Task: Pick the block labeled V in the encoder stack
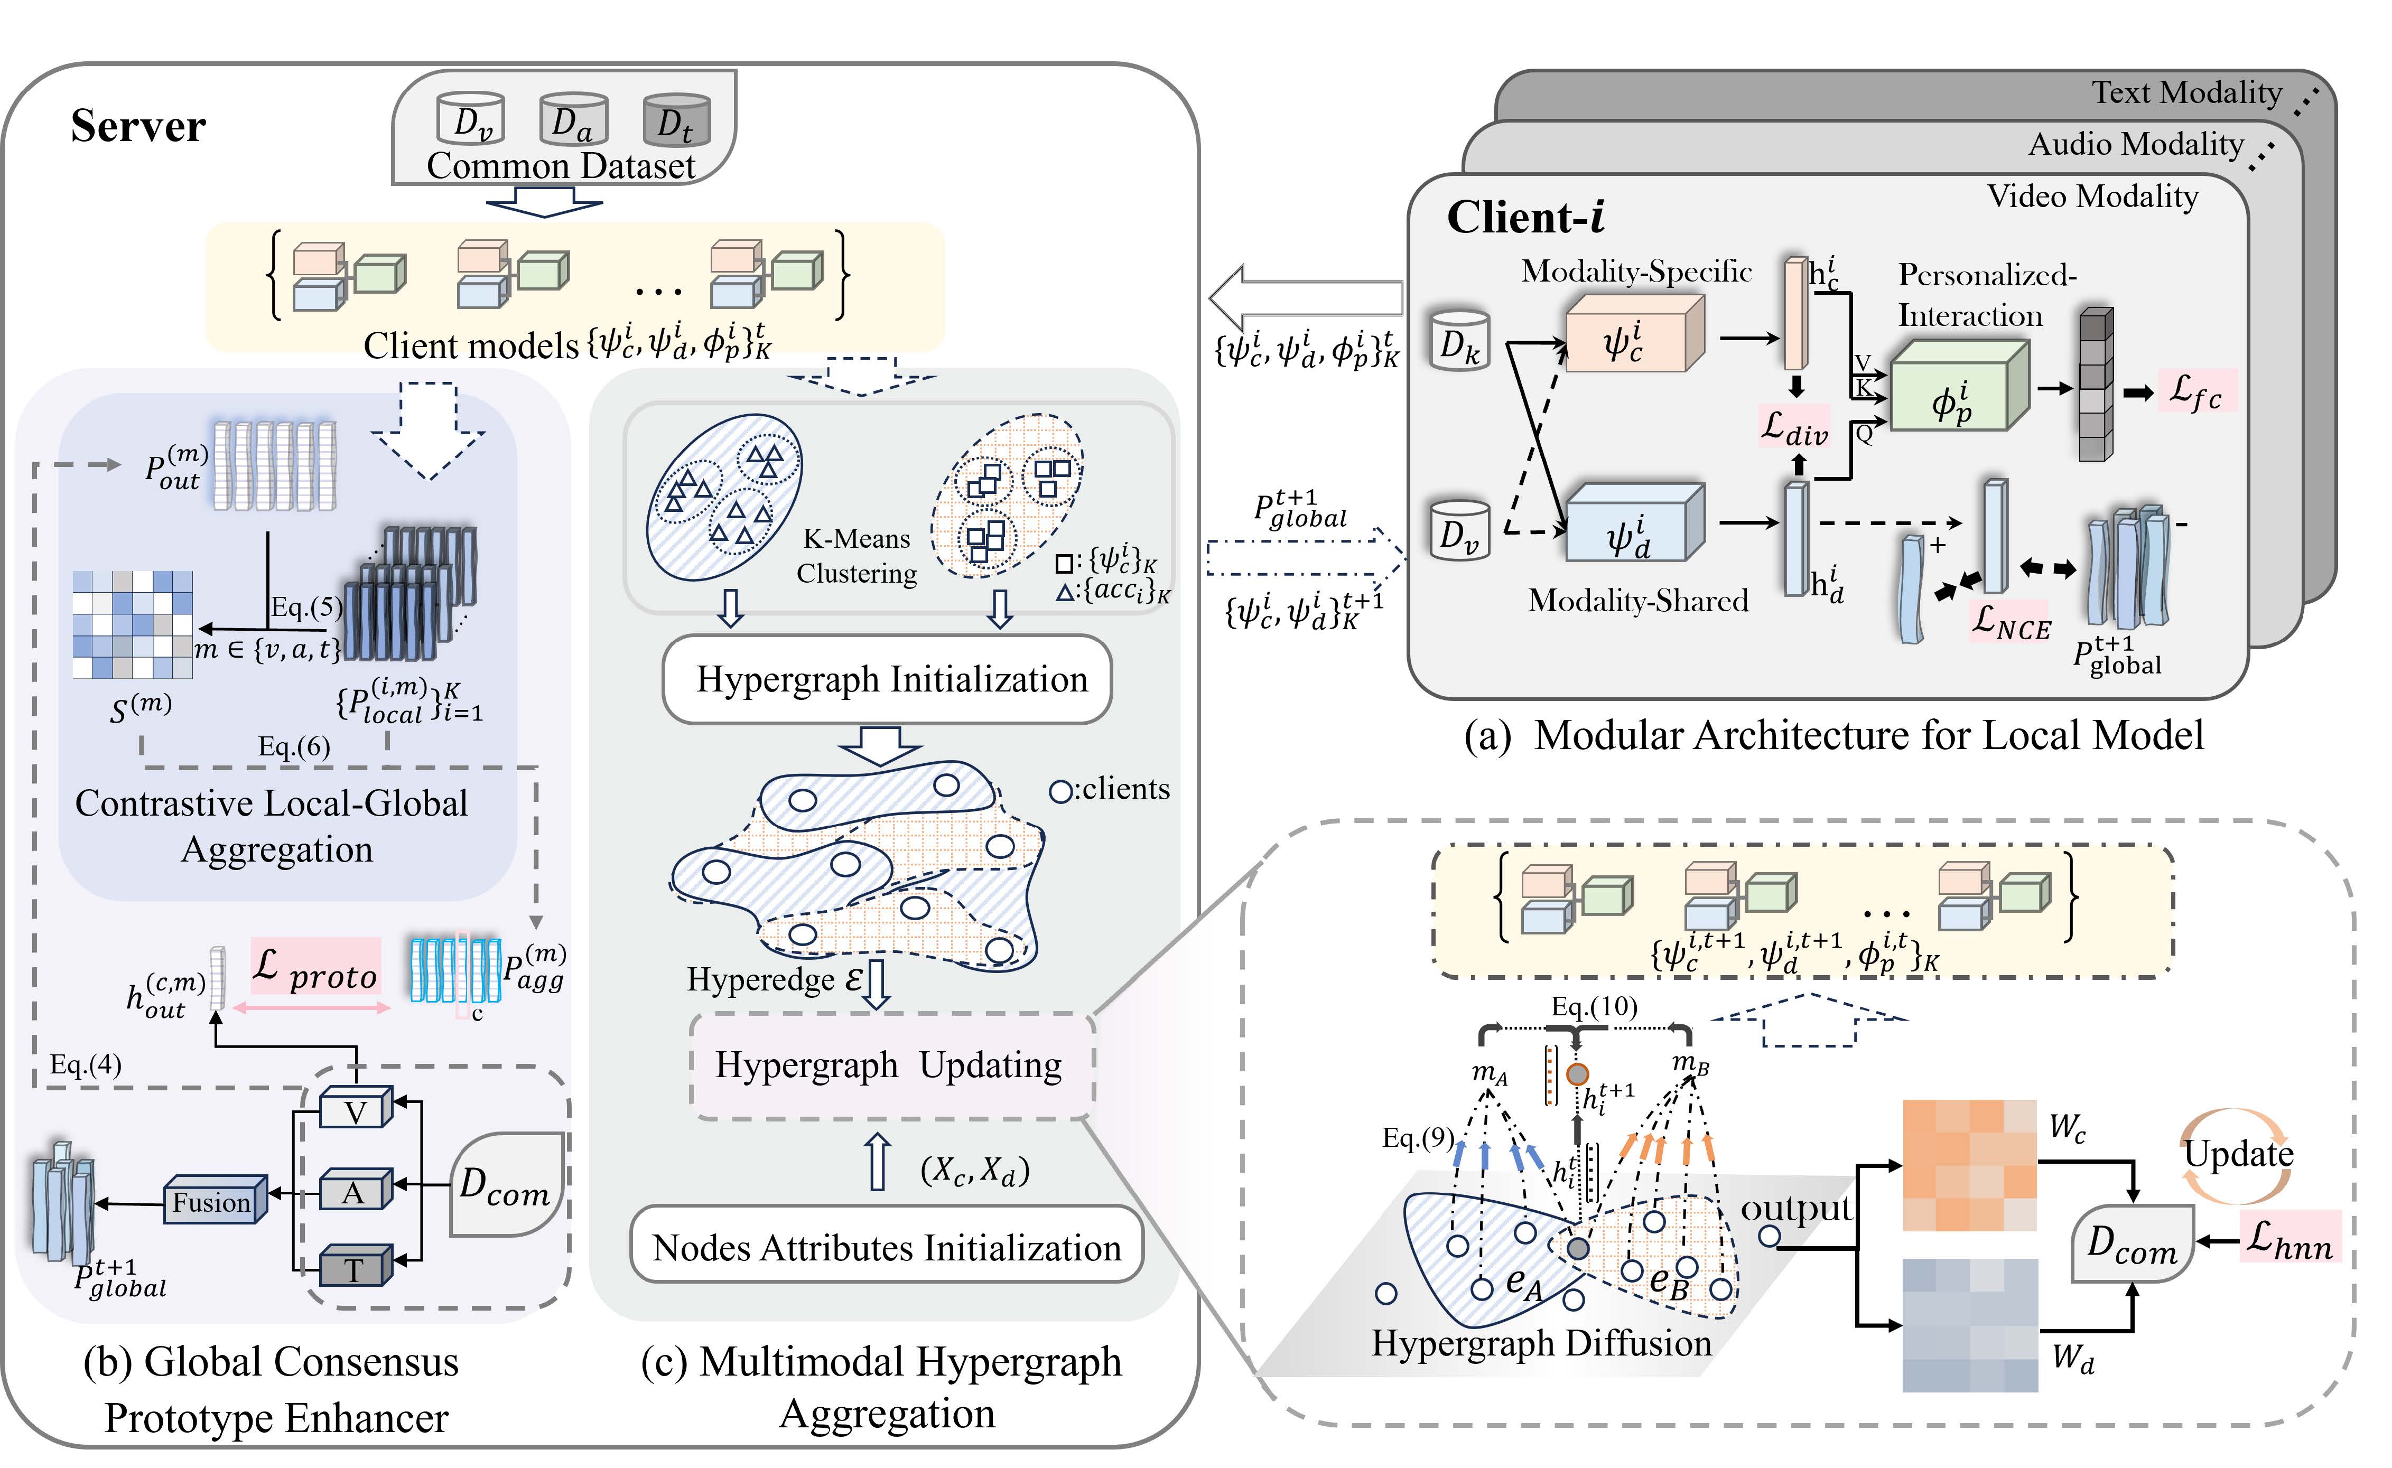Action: (x=356, y=1111)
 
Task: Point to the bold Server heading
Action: (x=138, y=126)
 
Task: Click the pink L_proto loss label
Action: (x=315, y=968)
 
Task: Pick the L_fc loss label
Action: (x=2197, y=391)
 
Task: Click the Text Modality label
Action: (x=2185, y=93)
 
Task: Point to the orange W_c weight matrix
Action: (x=1969, y=1165)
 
